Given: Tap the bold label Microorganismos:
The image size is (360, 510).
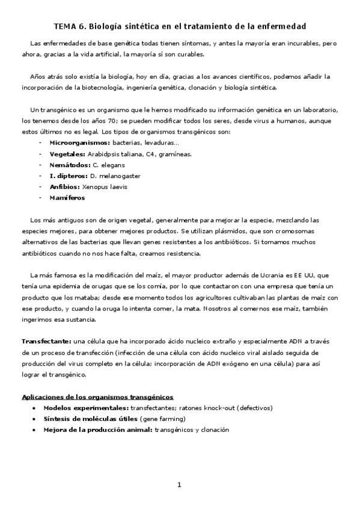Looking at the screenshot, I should point(80,143).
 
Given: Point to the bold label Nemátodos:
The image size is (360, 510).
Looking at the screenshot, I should point(70,165).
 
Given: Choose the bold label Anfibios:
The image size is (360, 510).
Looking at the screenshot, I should point(64,186).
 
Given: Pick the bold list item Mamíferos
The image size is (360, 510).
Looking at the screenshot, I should point(67,197).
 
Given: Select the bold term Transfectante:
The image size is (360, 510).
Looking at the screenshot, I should point(46,341).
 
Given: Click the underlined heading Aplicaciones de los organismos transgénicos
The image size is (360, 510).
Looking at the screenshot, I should point(97,397).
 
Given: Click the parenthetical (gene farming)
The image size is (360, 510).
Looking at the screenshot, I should point(162,419).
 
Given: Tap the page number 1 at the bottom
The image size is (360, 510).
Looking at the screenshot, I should point(179,485).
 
